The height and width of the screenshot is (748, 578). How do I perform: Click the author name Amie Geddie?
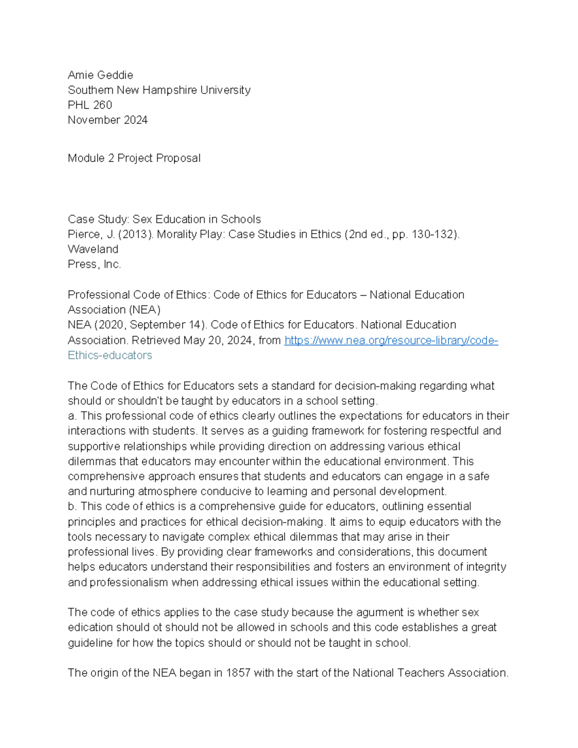[100, 75]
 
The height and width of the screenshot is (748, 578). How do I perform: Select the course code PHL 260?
[90, 105]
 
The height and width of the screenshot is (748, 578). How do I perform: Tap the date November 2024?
[107, 120]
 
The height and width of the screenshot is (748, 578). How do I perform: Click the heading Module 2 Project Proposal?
[134, 158]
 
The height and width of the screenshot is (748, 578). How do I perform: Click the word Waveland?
[92, 249]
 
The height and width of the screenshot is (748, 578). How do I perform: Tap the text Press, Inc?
[94, 264]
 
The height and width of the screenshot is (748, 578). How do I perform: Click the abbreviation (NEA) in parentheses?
[144, 310]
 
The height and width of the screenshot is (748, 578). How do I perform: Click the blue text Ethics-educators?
[110, 355]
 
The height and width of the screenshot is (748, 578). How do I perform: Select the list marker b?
[72, 507]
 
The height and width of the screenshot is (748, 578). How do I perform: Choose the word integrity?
[486, 567]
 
